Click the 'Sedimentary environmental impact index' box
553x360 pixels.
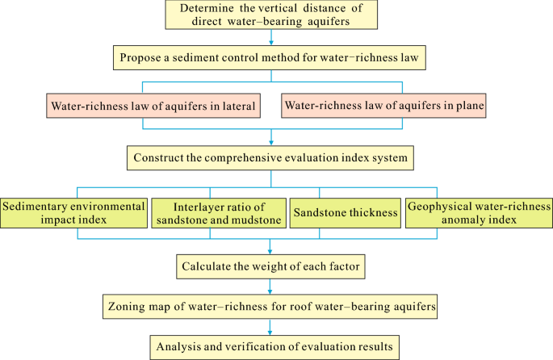point(73,212)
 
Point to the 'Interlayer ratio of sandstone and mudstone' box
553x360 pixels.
point(218,212)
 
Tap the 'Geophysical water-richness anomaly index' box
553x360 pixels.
point(478,212)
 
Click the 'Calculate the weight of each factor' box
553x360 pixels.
point(270,264)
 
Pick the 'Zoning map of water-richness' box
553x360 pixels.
point(270,307)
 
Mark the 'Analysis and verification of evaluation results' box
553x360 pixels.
point(270,348)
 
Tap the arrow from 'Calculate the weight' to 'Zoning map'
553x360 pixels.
point(270,286)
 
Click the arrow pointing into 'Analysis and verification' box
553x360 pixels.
point(270,329)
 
